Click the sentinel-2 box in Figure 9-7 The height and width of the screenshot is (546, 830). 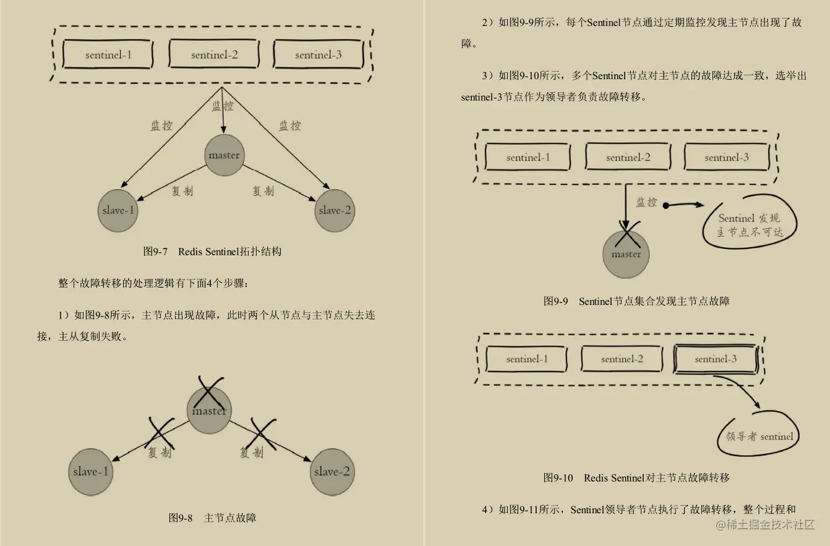coord(214,54)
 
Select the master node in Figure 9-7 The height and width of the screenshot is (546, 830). coord(224,155)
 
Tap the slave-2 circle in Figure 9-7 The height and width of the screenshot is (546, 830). coord(335,210)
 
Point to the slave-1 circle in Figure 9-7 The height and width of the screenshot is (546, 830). coord(118,210)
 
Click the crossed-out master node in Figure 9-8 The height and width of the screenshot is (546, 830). coord(209,410)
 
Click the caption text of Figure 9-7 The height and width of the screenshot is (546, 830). coord(212,252)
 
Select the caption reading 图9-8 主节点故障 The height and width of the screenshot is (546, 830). coord(212,518)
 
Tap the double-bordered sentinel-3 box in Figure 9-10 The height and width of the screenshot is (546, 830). coord(716,359)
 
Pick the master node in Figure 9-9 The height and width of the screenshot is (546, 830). coord(626,254)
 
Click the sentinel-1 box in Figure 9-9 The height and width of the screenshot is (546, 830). coord(528,157)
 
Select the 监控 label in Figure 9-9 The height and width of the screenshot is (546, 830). coord(646,202)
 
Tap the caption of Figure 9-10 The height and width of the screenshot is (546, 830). coord(636,477)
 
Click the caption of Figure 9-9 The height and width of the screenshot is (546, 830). coord(636,301)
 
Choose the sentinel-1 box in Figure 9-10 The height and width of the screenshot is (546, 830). coord(526,359)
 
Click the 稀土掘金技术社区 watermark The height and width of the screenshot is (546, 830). coord(765,525)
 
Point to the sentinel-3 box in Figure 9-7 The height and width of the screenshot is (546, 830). coord(318,54)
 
